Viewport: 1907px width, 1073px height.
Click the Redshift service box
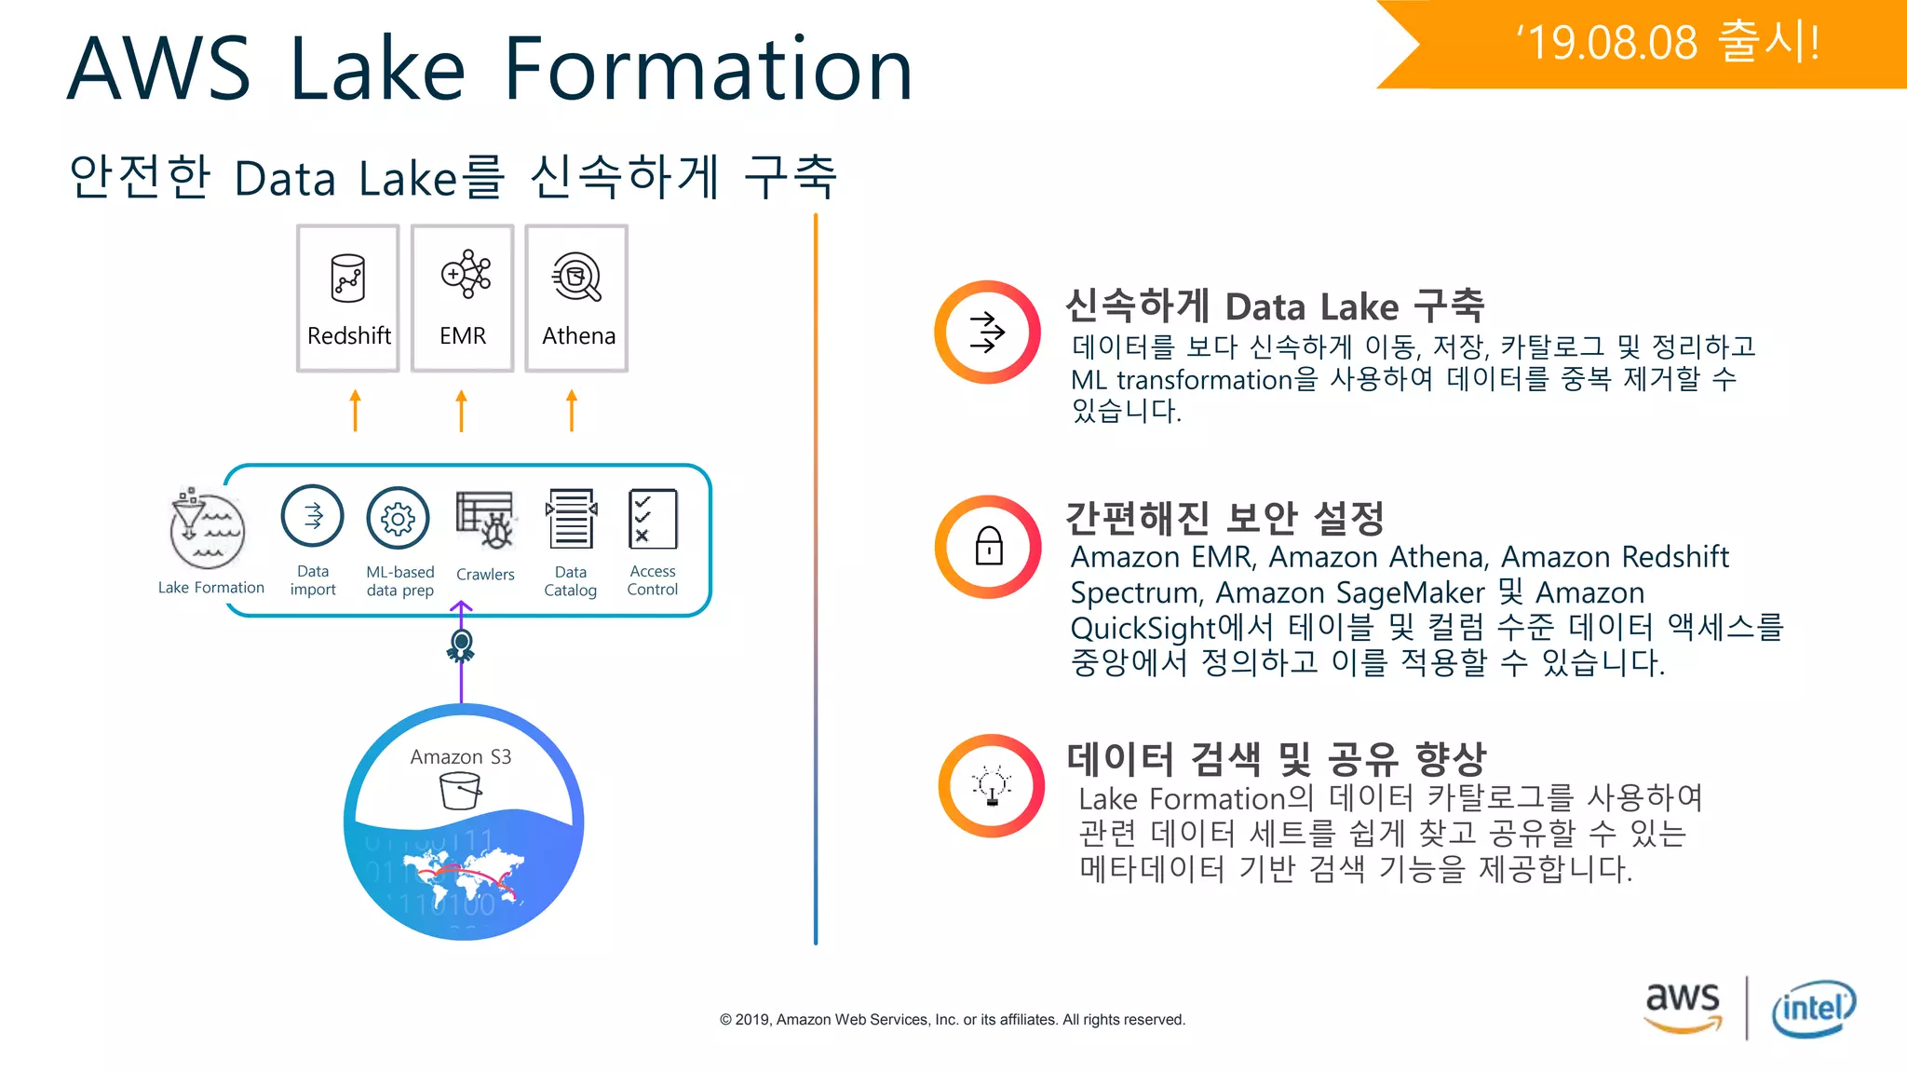[348, 298]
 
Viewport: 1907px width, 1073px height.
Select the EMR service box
[463, 298]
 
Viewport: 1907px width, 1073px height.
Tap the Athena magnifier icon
[577, 278]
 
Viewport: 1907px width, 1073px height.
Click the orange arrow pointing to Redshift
[355, 410]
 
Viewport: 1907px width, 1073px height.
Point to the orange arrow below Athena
[572, 410]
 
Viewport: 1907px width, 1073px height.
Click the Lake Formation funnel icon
[207, 528]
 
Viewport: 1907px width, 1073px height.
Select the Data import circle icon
[313, 516]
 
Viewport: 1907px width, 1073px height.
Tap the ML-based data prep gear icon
[399, 518]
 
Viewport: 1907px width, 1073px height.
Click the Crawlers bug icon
[486, 520]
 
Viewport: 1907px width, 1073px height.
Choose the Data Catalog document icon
[571, 519]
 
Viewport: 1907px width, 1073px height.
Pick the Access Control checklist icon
[653, 519]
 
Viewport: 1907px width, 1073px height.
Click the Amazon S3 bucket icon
[460, 792]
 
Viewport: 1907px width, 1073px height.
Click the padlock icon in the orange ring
[989, 547]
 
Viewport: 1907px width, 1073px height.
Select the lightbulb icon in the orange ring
[992, 786]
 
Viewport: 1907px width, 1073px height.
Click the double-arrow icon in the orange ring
[988, 333]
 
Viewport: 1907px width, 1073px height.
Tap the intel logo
[1813, 1008]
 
